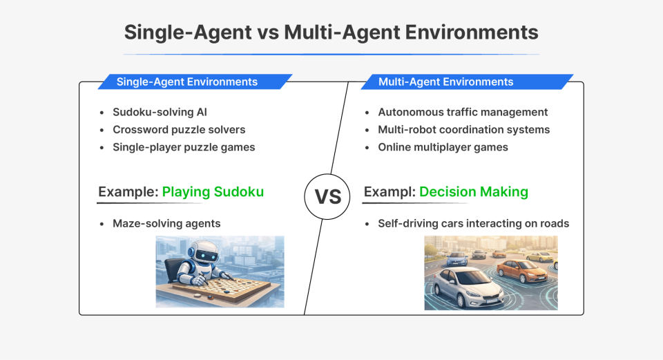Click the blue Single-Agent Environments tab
(187, 82)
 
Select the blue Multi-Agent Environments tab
(445, 82)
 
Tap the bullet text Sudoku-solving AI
(160, 112)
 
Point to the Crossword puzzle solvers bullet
(179, 129)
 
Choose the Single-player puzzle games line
(184, 147)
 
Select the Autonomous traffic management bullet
(463, 112)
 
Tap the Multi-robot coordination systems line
(463, 129)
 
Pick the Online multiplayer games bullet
(443, 147)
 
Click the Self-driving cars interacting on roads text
(473, 223)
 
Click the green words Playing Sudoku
(213, 191)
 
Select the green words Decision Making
(473, 191)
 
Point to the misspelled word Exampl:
(389, 191)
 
